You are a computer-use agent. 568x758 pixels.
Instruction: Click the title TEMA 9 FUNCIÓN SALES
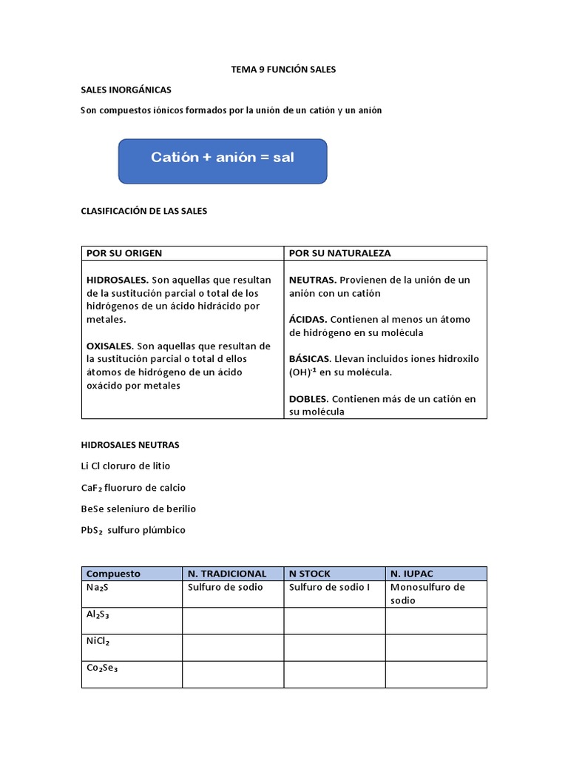tap(284, 70)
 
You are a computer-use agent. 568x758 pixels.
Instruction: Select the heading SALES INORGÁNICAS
tap(126, 90)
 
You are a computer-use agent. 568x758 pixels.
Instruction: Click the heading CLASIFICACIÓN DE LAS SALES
tap(143, 211)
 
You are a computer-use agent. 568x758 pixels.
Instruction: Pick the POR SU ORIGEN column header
tap(124, 253)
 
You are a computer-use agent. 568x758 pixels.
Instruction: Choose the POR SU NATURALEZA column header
tap(339, 253)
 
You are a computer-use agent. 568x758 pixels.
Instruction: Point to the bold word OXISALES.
tap(110, 346)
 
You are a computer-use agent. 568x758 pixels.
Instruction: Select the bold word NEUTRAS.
tap(313, 280)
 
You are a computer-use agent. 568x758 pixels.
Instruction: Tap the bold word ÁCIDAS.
tap(308, 319)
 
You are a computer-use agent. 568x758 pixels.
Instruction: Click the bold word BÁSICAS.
tap(310, 359)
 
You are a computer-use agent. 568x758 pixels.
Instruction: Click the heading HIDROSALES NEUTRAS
tap(129, 445)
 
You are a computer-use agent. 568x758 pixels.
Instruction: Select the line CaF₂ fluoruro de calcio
tap(133, 488)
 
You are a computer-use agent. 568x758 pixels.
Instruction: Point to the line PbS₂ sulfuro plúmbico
tap(133, 531)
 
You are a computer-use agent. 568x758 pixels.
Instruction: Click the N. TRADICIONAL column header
tap(227, 574)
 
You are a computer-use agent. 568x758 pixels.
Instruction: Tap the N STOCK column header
tap(310, 574)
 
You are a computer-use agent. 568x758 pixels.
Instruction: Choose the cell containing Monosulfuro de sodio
tap(435, 594)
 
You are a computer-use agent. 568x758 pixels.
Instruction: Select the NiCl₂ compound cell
tap(132, 647)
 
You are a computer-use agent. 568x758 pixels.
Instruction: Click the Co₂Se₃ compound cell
tap(132, 674)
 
